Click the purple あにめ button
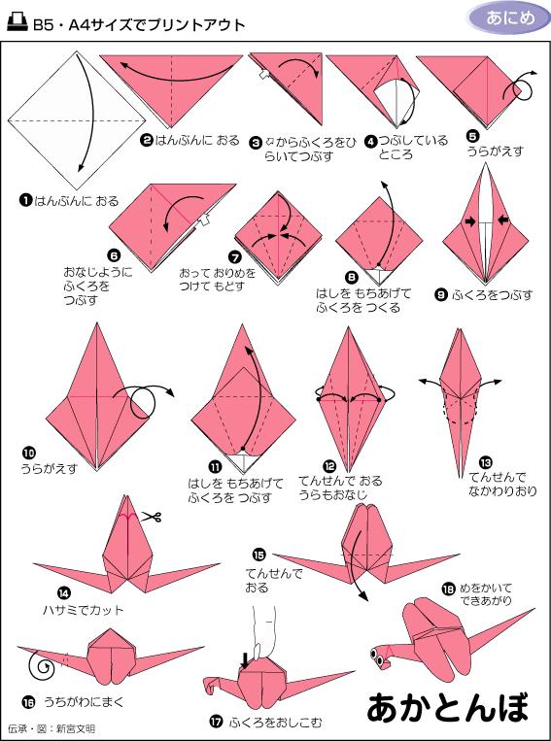click(502, 18)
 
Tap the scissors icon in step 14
click(149, 517)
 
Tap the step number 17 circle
click(216, 722)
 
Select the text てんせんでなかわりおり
click(499, 484)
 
